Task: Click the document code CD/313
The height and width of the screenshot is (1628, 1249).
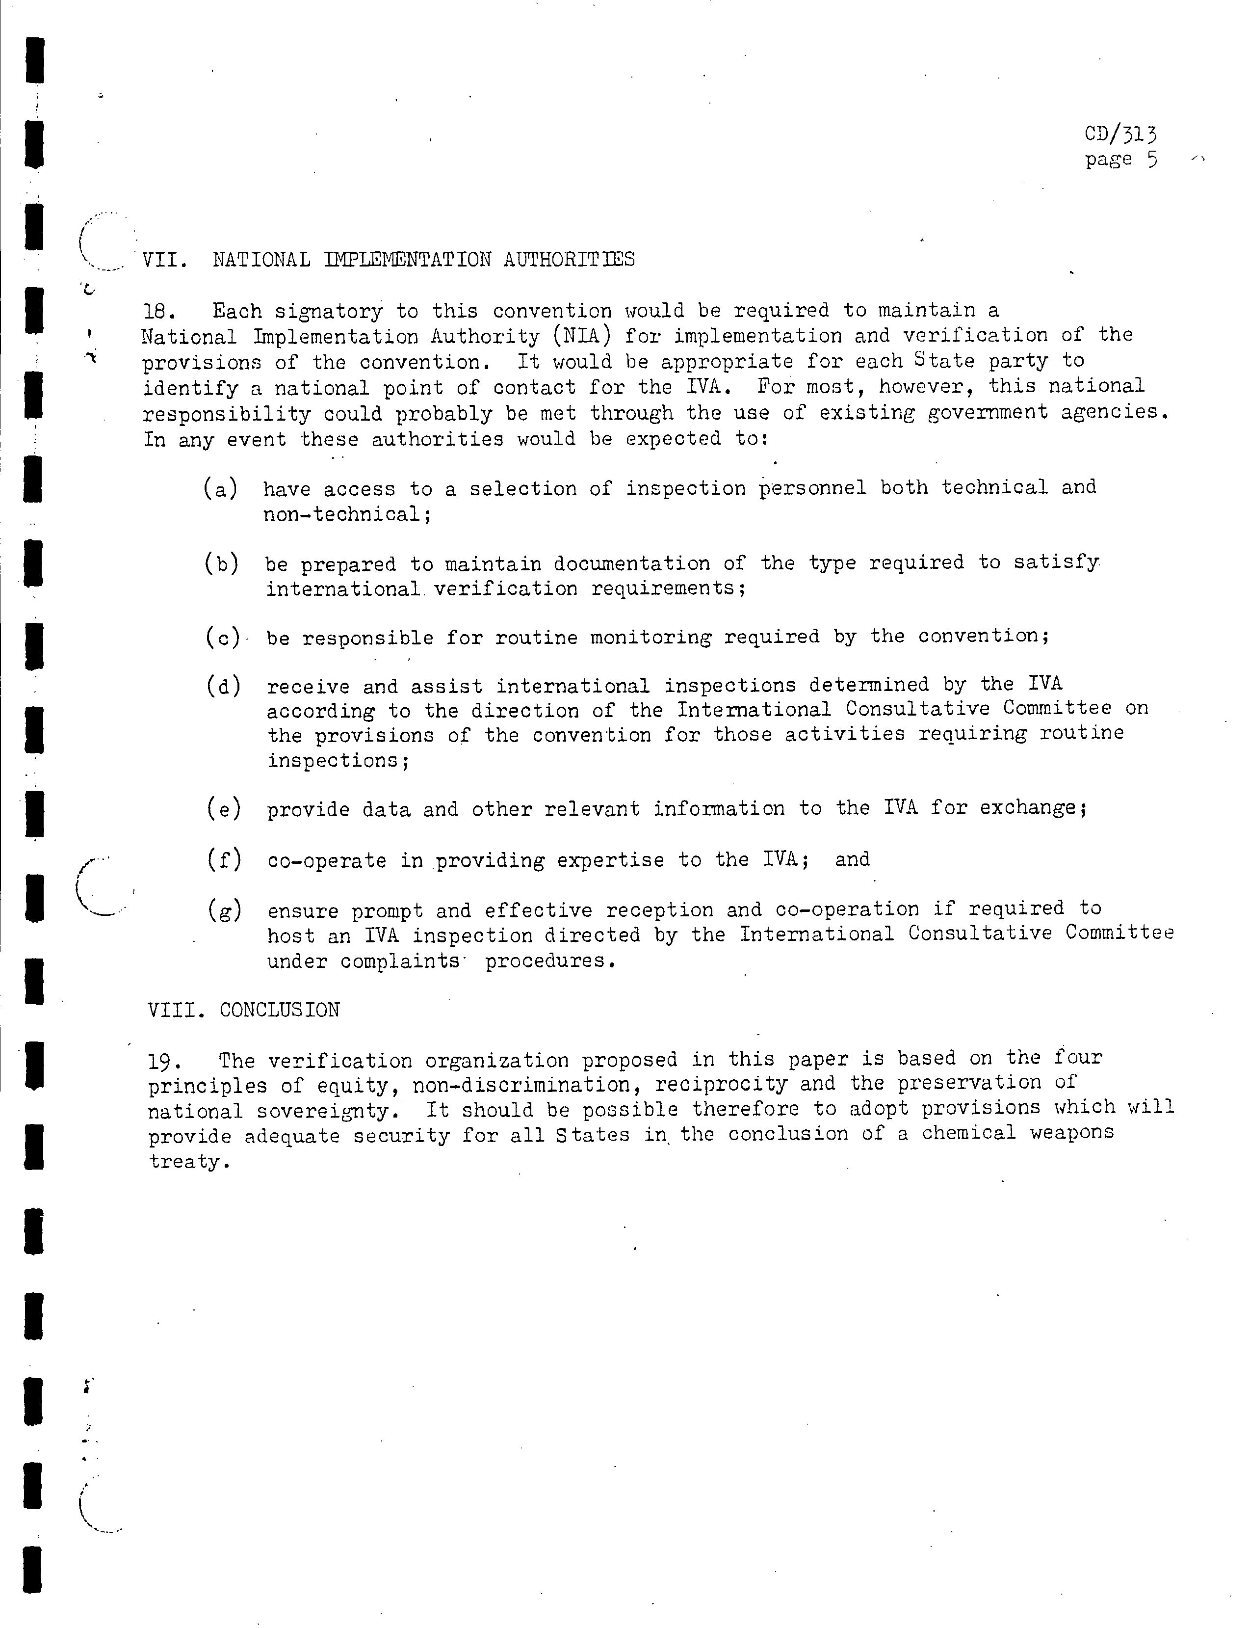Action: [1120, 134]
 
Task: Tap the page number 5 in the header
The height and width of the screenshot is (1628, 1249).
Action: [1151, 160]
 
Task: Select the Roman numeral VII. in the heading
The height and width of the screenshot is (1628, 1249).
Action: [164, 260]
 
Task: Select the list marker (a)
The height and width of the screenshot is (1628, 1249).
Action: [221, 489]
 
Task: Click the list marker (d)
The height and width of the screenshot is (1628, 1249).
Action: [224, 686]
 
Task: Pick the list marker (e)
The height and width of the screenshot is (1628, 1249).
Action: [224, 808]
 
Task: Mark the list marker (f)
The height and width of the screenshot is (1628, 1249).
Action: [224, 860]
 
